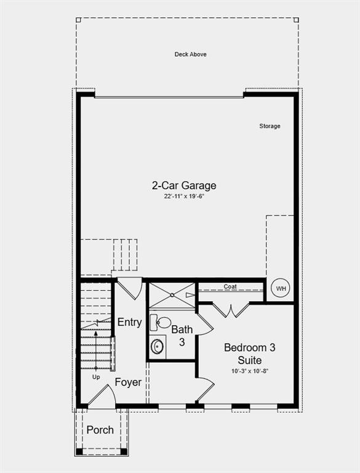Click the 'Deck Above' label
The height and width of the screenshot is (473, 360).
pos(190,54)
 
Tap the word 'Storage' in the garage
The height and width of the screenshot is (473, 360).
pos(270,126)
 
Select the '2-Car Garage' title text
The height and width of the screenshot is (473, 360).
pos(184,185)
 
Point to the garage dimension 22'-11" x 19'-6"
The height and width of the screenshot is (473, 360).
pos(184,196)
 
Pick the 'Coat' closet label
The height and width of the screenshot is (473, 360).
pos(230,287)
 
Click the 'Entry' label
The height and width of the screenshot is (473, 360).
pos(129,322)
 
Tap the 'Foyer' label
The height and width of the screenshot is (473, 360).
pos(128,382)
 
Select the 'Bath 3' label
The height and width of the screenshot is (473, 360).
pos(182,336)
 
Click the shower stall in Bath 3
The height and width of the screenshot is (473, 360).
pos(172,294)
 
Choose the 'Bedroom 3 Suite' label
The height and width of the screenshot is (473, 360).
pos(249,354)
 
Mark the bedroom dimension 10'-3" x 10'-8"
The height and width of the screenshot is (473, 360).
pos(249,371)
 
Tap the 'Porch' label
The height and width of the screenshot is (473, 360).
pos(100,429)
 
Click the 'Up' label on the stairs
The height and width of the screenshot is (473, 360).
pos(96,377)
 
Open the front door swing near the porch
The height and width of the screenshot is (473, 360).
pos(100,395)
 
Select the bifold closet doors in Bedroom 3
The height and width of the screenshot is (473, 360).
pos(231,309)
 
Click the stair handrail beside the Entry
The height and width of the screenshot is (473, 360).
pos(113,353)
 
